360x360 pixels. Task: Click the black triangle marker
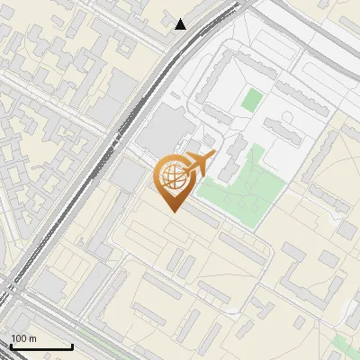click(x=181, y=24)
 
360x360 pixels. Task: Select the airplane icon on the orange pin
click(x=199, y=163)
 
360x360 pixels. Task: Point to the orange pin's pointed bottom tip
click(x=171, y=211)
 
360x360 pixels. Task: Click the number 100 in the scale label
click(x=21, y=338)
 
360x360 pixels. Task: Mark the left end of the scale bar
click(x=10, y=347)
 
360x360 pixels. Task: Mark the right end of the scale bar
click(x=72, y=347)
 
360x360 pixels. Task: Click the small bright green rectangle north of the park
click(x=251, y=99)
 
